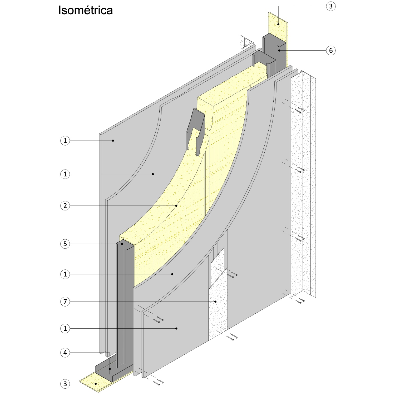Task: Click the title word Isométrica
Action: point(85,10)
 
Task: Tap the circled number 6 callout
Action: point(331,50)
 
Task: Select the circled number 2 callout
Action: point(65,206)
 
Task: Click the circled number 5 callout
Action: point(65,244)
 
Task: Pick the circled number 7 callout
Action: point(65,302)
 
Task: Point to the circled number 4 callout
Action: point(65,353)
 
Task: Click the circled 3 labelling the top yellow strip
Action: point(331,6)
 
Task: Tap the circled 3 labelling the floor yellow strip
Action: point(65,384)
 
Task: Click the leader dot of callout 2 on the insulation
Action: point(176,206)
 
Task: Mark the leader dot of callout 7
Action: point(215,302)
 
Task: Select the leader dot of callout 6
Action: point(278,50)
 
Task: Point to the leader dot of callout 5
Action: point(122,244)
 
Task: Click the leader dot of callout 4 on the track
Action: point(110,369)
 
